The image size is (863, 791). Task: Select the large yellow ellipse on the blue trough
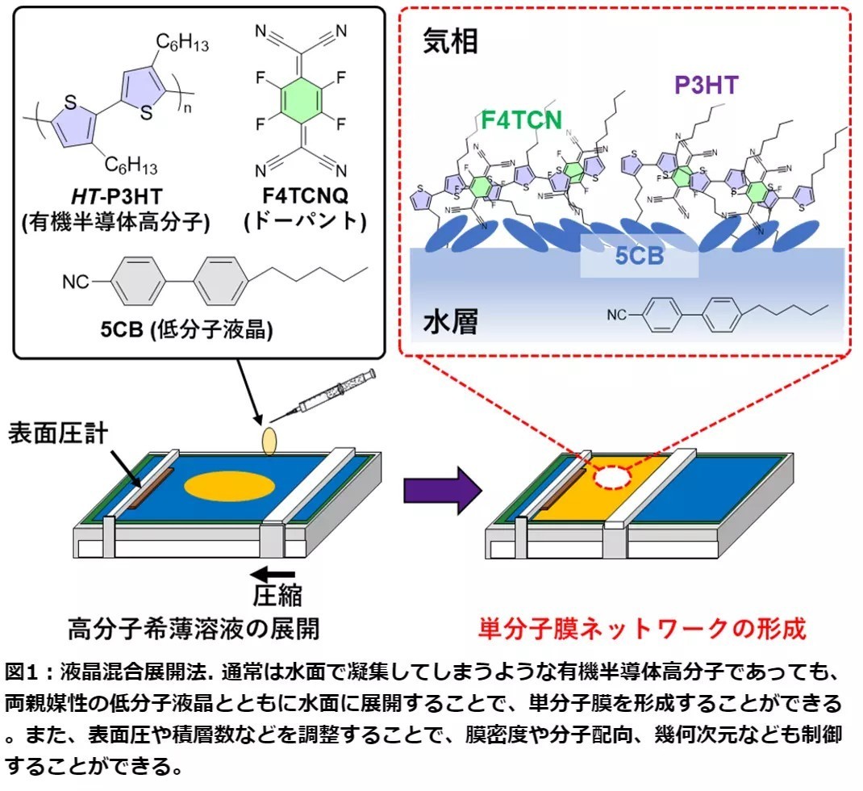[x=229, y=486]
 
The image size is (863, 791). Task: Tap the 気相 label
[x=451, y=43]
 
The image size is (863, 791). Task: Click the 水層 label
[x=451, y=323]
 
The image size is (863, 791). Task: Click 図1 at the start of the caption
[x=23, y=672]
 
